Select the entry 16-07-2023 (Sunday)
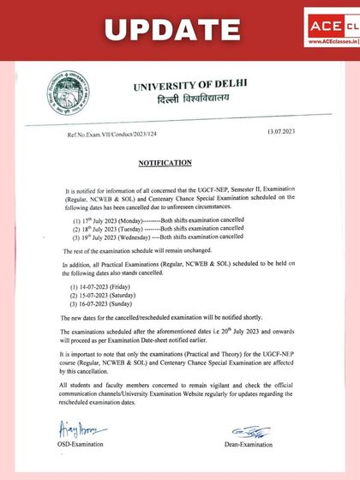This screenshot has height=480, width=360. coord(109,303)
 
